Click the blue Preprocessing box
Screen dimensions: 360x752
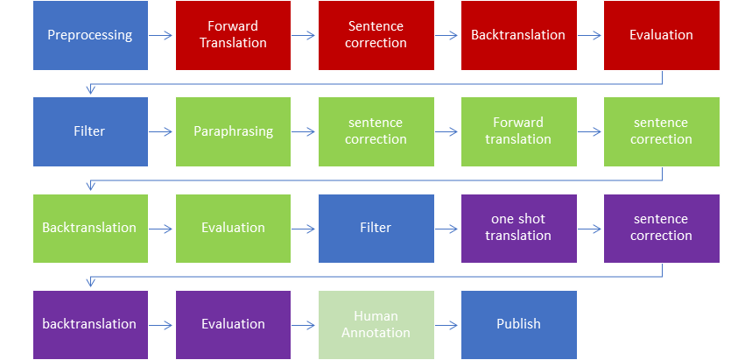90,36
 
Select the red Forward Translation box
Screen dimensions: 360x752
233,36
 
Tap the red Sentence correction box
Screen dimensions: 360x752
376,36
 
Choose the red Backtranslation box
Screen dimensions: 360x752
518,36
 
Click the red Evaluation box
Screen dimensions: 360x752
661,36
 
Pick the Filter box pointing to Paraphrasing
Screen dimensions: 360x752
90,131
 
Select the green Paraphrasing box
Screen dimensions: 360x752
233,131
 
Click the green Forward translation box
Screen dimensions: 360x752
518,131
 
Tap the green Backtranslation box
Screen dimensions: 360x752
90,228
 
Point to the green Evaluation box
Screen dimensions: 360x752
233,228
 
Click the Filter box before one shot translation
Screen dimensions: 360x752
376,228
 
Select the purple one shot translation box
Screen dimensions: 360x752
518,228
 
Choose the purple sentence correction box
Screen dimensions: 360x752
661,228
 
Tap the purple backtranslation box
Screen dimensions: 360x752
90,324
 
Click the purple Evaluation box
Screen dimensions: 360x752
233,324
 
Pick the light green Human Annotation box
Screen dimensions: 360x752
376,324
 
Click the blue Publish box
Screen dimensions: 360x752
518,324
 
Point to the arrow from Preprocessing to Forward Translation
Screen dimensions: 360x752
161,36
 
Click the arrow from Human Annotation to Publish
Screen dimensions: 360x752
446,324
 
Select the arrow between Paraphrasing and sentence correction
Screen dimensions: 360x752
304,131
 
